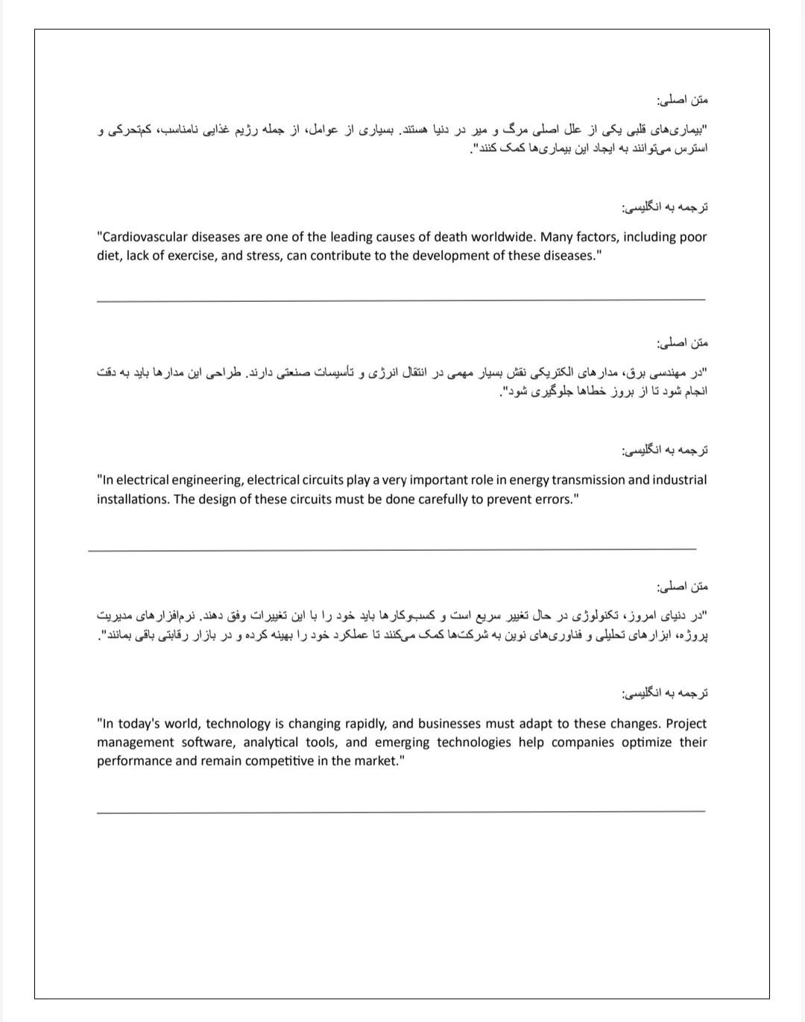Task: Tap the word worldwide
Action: click(502, 237)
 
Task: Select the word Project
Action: click(686, 723)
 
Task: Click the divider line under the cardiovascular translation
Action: click(400, 300)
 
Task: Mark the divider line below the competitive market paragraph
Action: click(400, 810)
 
